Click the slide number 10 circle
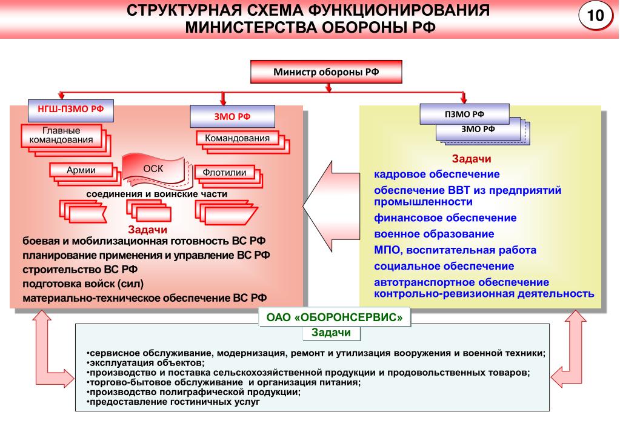click(595, 16)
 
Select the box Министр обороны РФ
click(326, 72)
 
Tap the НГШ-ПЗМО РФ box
click(71, 110)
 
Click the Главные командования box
click(61, 136)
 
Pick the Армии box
click(81, 170)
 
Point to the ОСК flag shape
click(153, 169)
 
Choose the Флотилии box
click(225, 173)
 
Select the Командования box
click(237, 138)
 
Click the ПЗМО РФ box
click(464, 114)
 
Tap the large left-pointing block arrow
click(332, 207)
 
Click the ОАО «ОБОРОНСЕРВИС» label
click(335, 317)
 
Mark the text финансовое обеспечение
click(445, 218)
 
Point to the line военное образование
click(434, 234)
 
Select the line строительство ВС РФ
click(80, 270)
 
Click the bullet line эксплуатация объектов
click(145, 362)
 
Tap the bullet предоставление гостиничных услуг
click(173, 402)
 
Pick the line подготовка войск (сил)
click(83, 284)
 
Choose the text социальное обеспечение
click(444, 266)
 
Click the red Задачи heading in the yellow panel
click(472, 159)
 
